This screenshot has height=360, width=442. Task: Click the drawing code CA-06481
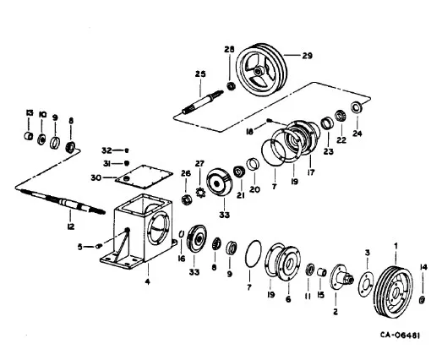pyautogui.click(x=400, y=335)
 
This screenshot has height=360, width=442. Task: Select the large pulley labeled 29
pyautogui.click(x=261, y=70)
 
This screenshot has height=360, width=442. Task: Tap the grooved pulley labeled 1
pyautogui.click(x=393, y=291)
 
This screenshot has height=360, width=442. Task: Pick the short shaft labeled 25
pyautogui.click(x=202, y=101)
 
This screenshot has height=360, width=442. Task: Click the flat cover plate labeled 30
pyautogui.click(x=144, y=177)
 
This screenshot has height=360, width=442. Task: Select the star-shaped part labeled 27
pyautogui.click(x=200, y=193)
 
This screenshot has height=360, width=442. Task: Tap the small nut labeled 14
pyautogui.click(x=423, y=300)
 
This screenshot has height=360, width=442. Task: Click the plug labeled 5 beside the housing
pyautogui.click(x=99, y=246)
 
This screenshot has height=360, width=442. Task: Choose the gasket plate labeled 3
pyautogui.click(x=366, y=284)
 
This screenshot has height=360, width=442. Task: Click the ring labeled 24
pyautogui.click(x=357, y=107)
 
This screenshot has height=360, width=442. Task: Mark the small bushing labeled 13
pyautogui.click(x=28, y=136)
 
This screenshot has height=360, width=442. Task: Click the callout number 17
pyautogui.click(x=311, y=172)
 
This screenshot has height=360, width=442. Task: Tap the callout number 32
pyautogui.click(x=106, y=150)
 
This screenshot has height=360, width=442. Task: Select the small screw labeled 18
pyautogui.click(x=269, y=121)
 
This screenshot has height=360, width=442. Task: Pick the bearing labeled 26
pyautogui.click(x=186, y=200)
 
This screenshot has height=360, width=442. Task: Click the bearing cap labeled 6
pyautogui.click(x=289, y=263)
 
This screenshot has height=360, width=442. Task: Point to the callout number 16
pyautogui.click(x=182, y=259)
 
